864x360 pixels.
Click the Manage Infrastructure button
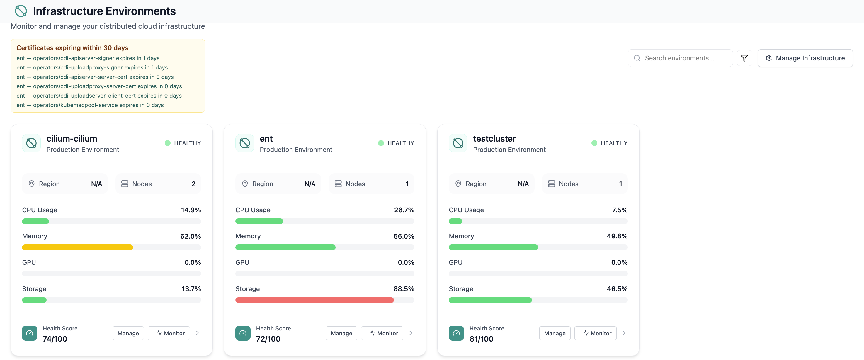click(x=805, y=58)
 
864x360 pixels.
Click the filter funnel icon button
click(x=744, y=58)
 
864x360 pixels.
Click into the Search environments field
click(x=680, y=58)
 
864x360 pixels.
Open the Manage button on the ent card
click(x=341, y=333)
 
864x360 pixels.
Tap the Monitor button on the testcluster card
click(x=595, y=333)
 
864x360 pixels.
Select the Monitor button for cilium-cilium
click(x=169, y=333)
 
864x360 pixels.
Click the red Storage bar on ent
click(x=314, y=300)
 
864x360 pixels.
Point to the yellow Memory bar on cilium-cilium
click(x=77, y=247)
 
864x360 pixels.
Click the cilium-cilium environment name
click(x=72, y=139)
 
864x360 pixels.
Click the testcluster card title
click(x=494, y=139)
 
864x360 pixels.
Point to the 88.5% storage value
click(x=404, y=289)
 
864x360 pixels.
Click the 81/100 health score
click(x=481, y=339)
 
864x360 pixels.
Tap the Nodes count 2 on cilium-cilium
click(x=193, y=184)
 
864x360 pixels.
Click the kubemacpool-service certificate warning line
click(x=90, y=105)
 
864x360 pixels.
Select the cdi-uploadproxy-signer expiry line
click(x=92, y=67)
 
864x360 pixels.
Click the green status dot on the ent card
click(x=381, y=143)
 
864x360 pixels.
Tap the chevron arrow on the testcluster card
click(x=624, y=333)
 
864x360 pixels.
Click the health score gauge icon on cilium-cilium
click(x=30, y=333)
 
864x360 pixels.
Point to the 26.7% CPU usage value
click(x=404, y=210)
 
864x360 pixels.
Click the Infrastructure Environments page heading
click(x=104, y=11)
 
